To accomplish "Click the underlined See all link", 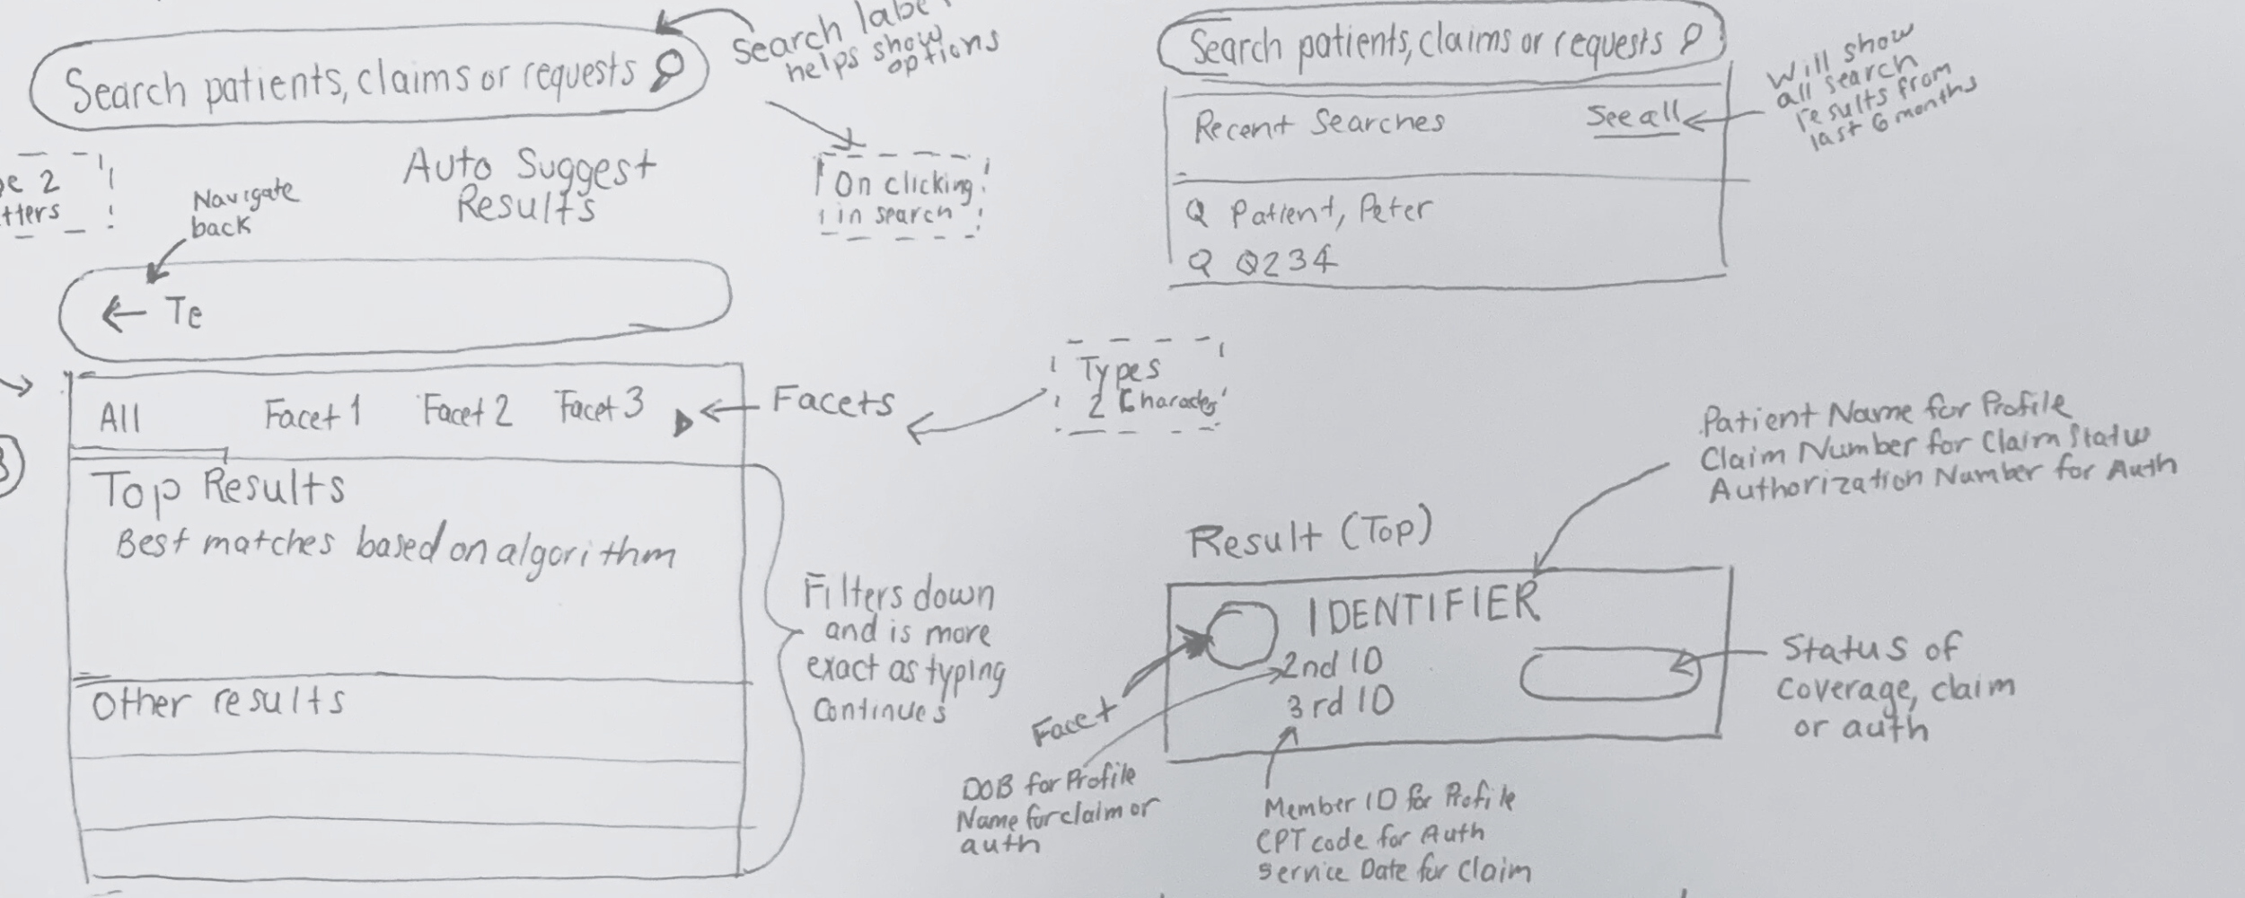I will tap(1632, 118).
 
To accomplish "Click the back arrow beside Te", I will tap(123, 314).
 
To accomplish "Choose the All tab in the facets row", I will tap(119, 418).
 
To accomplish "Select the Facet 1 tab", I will tap(311, 414).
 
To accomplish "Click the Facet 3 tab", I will tap(599, 407).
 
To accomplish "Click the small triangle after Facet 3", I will tap(682, 421).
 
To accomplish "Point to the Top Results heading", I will tap(218, 489).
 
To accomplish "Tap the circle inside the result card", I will tap(1242, 634).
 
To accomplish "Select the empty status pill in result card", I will tap(1609, 673).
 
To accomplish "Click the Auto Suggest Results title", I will tap(529, 186).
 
